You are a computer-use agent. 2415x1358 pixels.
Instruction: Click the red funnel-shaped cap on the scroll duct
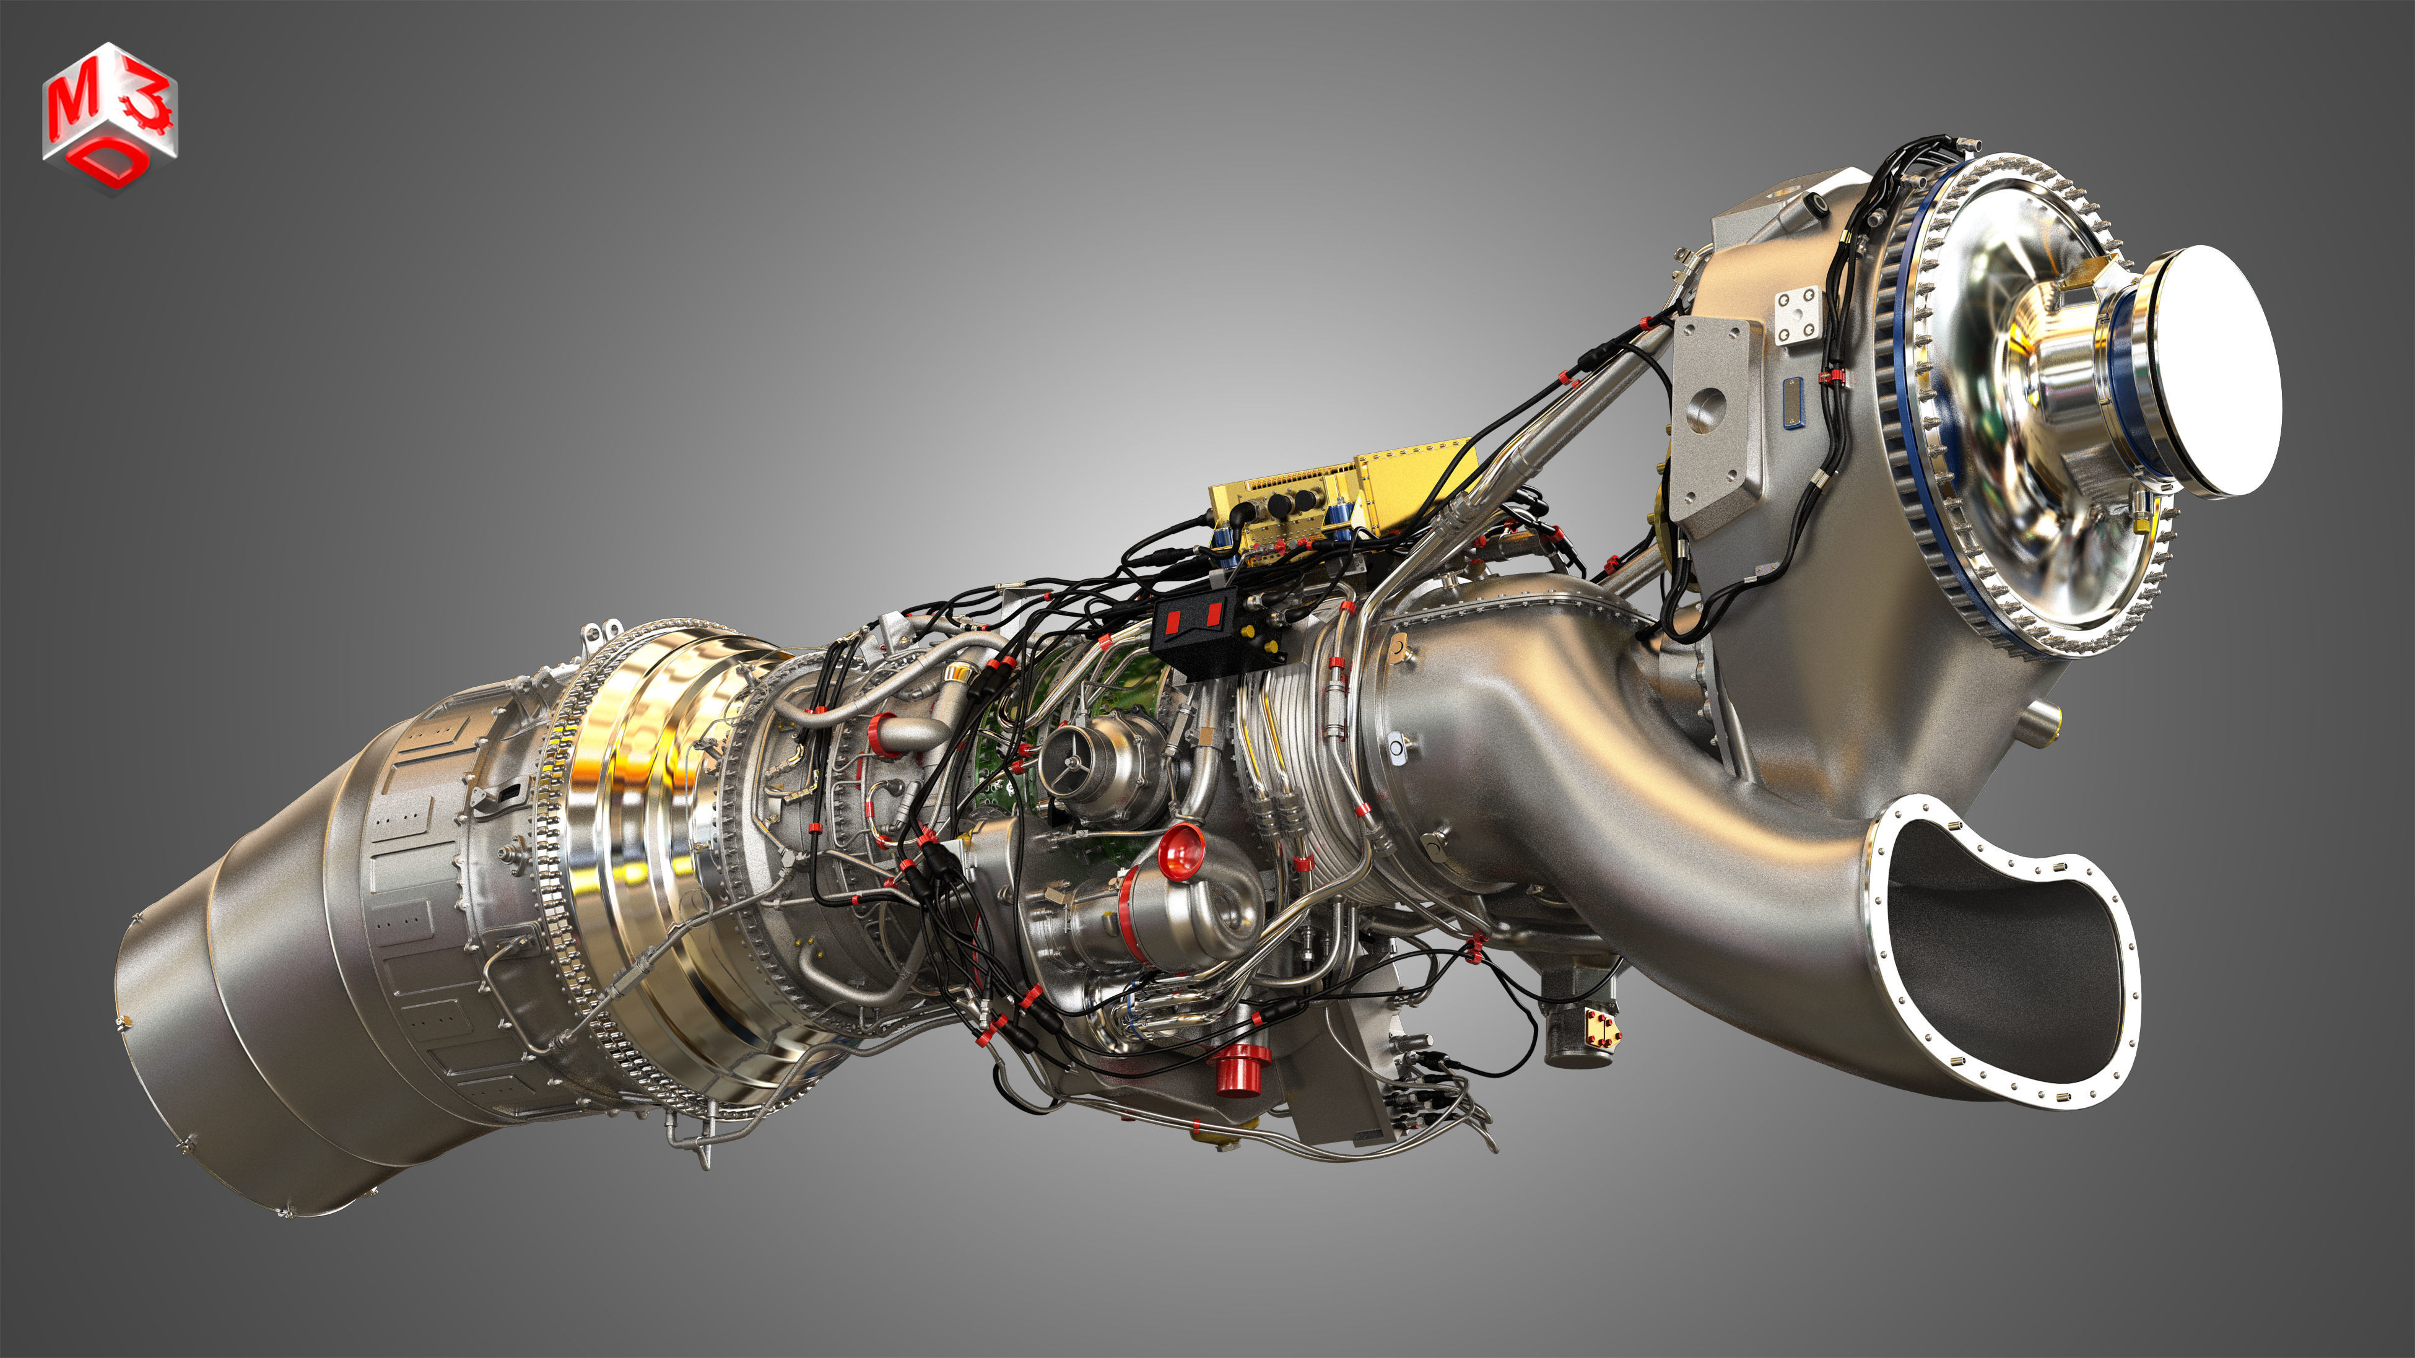(x=1180, y=851)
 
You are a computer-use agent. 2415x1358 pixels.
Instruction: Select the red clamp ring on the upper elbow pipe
(x=881, y=731)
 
